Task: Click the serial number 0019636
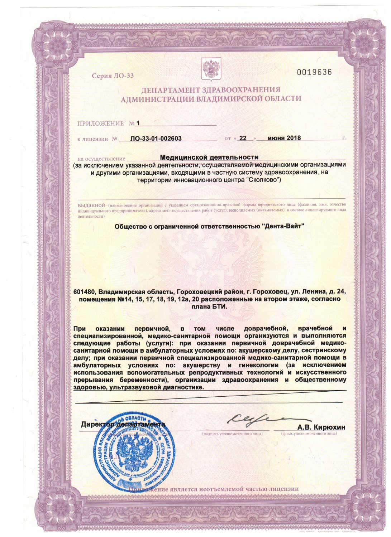click(314, 72)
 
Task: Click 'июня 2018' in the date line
click(285, 138)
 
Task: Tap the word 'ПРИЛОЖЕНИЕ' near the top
click(100, 124)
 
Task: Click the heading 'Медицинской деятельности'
click(209, 157)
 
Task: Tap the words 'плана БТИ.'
click(210, 307)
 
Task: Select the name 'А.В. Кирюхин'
click(321, 427)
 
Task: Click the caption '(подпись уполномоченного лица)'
click(232, 434)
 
